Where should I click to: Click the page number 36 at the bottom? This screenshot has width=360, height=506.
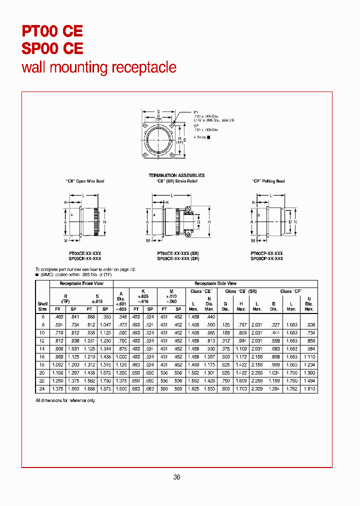pos(176,477)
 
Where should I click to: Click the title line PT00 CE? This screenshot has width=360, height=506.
pos(52,31)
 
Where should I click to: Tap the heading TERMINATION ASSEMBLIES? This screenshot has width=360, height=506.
pos(176,175)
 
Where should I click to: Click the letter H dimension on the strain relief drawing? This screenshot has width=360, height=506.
pos(209,221)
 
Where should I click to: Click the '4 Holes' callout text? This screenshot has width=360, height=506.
pos(200,136)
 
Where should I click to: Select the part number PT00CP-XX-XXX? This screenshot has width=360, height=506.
pos(266,253)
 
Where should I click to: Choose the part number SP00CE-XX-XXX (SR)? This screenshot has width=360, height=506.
pos(178,258)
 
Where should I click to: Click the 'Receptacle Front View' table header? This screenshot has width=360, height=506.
pos(81,283)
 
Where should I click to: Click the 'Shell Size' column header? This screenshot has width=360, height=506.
pos(42,306)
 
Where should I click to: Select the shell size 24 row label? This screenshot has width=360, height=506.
pos(42,389)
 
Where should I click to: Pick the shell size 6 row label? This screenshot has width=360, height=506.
pos(42,317)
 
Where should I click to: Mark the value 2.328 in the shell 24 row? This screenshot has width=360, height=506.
pos(257,389)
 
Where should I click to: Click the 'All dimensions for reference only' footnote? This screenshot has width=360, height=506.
pos(65,400)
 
